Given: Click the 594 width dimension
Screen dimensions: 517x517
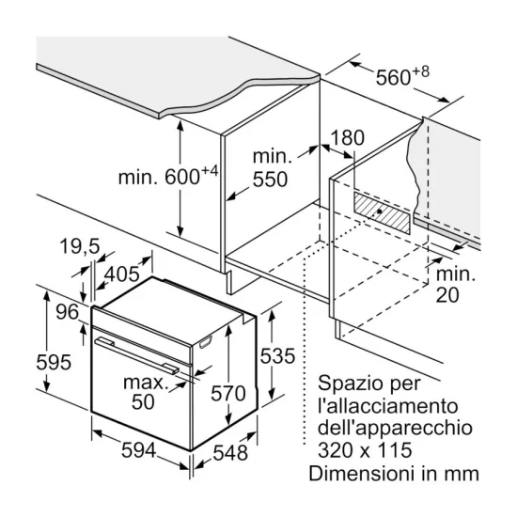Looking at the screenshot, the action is point(138,450).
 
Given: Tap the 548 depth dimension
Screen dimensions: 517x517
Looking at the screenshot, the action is point(230,453).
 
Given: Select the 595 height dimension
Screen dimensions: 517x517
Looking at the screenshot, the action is point(54,362).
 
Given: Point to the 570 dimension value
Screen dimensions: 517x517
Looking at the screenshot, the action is point(228,393).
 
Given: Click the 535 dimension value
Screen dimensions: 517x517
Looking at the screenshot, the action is point(277,355).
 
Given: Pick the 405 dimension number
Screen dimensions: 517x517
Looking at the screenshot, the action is point(122,274).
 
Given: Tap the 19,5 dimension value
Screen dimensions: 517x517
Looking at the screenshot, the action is point(80,246).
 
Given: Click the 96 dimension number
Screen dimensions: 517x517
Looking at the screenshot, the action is point(68,312).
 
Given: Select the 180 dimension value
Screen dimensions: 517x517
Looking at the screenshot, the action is point(347,138).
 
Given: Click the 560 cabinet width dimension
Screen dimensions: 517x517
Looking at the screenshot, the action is point(393,78).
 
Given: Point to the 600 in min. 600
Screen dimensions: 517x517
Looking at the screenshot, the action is point(182,177).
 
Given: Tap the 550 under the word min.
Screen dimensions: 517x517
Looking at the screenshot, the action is point(270,180).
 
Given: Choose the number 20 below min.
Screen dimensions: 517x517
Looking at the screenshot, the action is point(447,295).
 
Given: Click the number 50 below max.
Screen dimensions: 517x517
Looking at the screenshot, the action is point(143,401).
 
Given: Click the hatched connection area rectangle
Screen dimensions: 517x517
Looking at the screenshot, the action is point(383,212).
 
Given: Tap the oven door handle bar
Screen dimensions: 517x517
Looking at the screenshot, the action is point(137,355).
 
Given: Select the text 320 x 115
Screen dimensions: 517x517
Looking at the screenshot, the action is point(365,450).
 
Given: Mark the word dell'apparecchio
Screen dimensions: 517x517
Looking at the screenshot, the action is point(395,429).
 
